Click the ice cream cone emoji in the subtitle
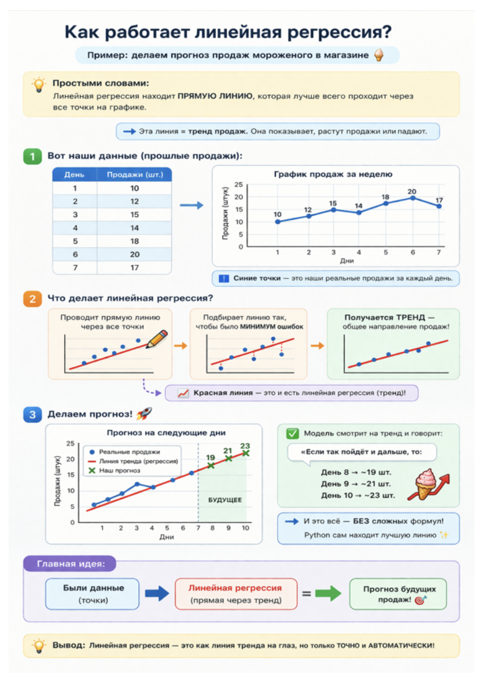(379, 55)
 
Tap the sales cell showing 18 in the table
(134, 241)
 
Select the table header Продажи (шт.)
(134, 174)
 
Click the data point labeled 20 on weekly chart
(413, 198)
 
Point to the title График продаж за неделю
(333, 174)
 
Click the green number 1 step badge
(32, 156)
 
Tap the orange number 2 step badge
(32, 299)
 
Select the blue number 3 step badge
(32, 414)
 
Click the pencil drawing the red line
(157, 339)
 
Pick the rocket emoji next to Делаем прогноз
(144, 414)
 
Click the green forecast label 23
(245, 446)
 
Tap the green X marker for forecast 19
(210, 465)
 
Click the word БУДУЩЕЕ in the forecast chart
(225, 500)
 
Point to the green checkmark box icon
(292, 433)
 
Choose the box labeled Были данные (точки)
(92, 594)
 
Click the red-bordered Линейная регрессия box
(236, 594)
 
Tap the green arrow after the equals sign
(328, 593)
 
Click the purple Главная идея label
(70, 564)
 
